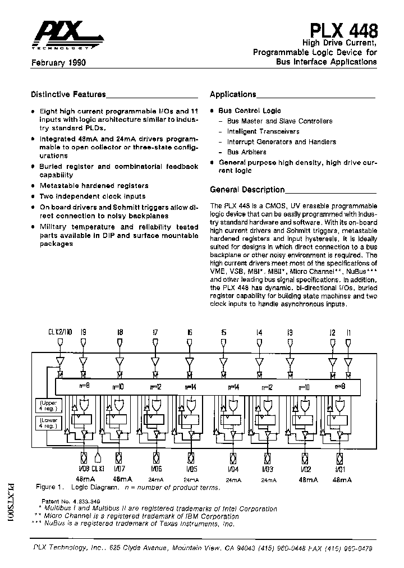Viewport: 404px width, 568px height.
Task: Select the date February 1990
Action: [x=58, y=63]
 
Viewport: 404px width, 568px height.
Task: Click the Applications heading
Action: [x=233, y=94]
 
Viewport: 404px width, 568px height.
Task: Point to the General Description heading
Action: [x=247, y=190]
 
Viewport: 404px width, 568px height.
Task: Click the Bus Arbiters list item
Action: [x=246, y=152]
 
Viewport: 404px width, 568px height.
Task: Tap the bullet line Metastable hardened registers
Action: [x=94, y=186]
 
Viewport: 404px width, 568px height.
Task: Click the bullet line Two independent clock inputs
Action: [x=92, y=196]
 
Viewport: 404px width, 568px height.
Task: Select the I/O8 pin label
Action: [x=84, y=469]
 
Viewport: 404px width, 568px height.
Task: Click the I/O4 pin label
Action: [x=234, y=469]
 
